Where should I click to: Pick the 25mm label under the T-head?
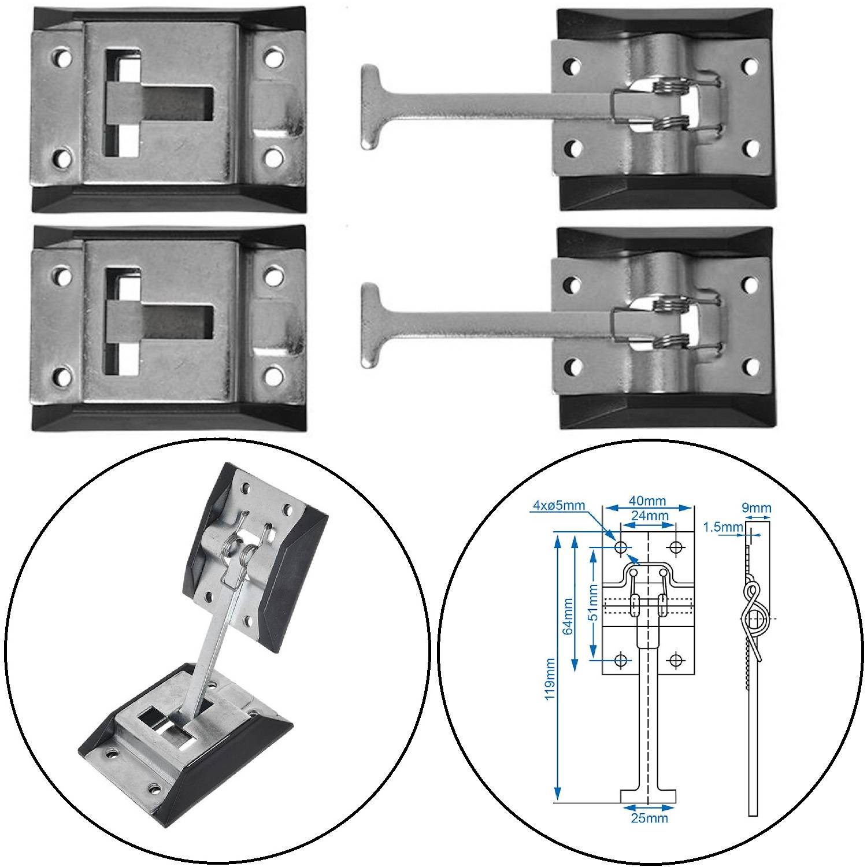[x=650, y=817]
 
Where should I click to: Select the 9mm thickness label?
[x=758, y=508]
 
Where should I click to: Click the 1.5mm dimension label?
[x=722, y=526]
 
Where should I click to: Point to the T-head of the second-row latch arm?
[x=371, y=325]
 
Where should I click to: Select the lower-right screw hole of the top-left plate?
[x=273, y=156]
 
